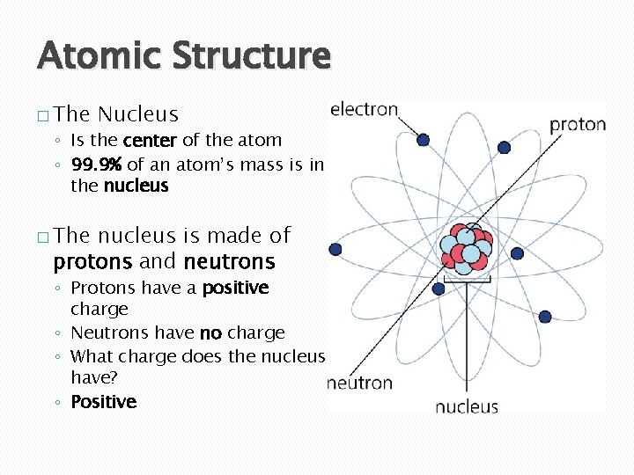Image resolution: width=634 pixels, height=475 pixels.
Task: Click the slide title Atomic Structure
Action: click(x=184, y=55)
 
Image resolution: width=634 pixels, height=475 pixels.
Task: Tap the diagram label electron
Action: click(x=364, y=110)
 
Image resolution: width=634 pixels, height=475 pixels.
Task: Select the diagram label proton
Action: click(x=578, y=124)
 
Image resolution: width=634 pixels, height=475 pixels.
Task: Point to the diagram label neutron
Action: click(x=359, y=383)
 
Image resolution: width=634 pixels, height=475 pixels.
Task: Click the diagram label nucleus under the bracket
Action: click(x=467, y=406)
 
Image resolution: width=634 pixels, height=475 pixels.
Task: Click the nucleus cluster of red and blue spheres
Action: click(x=467, y=247)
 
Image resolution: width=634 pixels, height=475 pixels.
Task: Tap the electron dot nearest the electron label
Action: click(x=423, y=140)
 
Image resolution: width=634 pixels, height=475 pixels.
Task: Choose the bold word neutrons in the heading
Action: click(x=229, y=262)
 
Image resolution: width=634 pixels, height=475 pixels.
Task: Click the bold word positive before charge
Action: click(x=235, y=289)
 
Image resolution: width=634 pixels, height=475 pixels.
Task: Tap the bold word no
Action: click(x=210, y=333)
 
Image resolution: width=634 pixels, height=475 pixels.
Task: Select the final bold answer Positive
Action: click(x=103, y=402)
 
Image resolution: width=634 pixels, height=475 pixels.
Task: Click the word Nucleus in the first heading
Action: click(x=138, y=114)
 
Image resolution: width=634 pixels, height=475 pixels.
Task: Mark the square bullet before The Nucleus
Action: click(x=43, y=115)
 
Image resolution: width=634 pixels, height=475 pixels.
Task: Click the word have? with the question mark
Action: click(x=92, y=377)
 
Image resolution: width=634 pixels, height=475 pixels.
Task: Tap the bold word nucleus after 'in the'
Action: click(x=136, y=186)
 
